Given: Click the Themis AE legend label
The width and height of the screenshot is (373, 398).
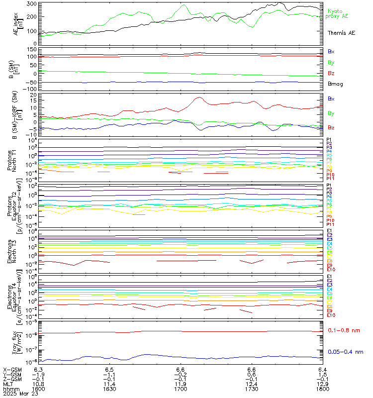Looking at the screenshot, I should pos(341,33).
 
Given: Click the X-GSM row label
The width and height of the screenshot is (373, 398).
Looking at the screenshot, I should pos(12,369).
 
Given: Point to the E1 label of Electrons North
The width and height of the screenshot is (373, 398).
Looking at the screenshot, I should pos(329,231).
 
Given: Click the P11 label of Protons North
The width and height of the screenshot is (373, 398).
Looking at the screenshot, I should pos(330,179).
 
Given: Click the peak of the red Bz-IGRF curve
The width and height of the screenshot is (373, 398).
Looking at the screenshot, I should pos(198,98).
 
